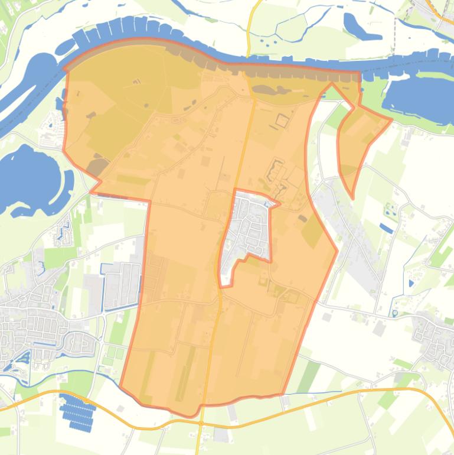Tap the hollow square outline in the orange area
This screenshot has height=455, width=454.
point(282,121)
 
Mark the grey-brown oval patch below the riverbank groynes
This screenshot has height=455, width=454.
point(272,90)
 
